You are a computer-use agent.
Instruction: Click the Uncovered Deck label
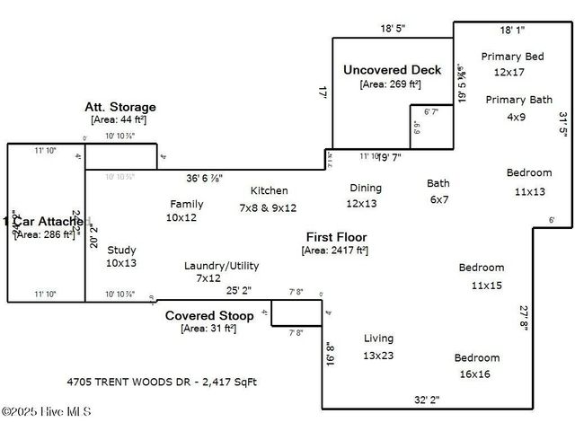(392, 70)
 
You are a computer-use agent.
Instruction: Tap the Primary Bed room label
(512, 57)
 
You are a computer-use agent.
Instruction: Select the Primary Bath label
(519, 100)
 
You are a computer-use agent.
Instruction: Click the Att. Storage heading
(120, 107)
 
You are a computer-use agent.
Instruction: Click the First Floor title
(336, 237)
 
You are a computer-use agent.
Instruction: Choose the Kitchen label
(270, 190)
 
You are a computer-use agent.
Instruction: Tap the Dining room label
(366, 188)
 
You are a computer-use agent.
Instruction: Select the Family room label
(186, 204)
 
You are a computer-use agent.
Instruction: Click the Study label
(121, 250)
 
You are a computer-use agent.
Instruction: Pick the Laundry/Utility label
(221, 266)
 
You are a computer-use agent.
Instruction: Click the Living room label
(378, 338)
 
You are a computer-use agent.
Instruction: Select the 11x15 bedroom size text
(487, 285)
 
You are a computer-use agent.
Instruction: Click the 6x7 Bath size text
(438, 199)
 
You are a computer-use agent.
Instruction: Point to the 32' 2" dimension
(431, 400)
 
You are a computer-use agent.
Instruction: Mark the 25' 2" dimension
(238, 291)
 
